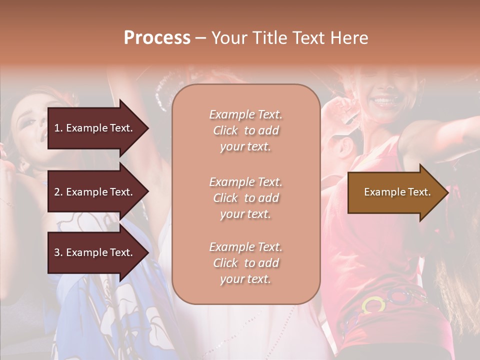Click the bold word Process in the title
(x=157, y=38)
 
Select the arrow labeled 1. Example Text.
(x=95, y=128)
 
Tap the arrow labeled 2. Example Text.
(x=95, y=192)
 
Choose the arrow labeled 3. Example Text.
(x=95, y=252)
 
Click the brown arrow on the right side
(x=395, y=192)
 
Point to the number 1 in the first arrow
(x=56, y=128)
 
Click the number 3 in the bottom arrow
(x=57, y=252)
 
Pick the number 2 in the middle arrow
(x=57, y=192)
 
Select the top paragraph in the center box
(x=245, y=130)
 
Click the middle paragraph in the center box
(x=245, y=198)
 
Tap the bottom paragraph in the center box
(x=245, y=263)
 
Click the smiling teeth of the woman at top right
(x=384, y=101)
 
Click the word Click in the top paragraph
(x=225, y=130)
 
